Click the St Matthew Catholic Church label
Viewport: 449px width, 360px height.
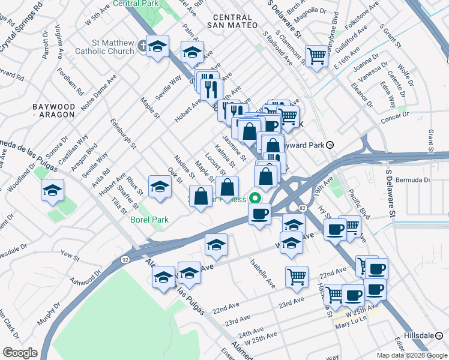(104, 47)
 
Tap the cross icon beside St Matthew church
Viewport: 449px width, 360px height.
(142, 45)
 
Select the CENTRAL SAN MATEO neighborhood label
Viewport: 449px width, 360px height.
(231, 21)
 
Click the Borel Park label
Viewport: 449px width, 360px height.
(149, 220)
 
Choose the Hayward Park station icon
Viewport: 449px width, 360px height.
(338, 145)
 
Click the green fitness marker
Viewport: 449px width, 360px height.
(256, 197)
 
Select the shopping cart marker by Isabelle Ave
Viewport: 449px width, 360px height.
(297, 277)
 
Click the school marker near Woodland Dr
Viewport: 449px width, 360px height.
(52, 190)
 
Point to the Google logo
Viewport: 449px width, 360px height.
(20, 352)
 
